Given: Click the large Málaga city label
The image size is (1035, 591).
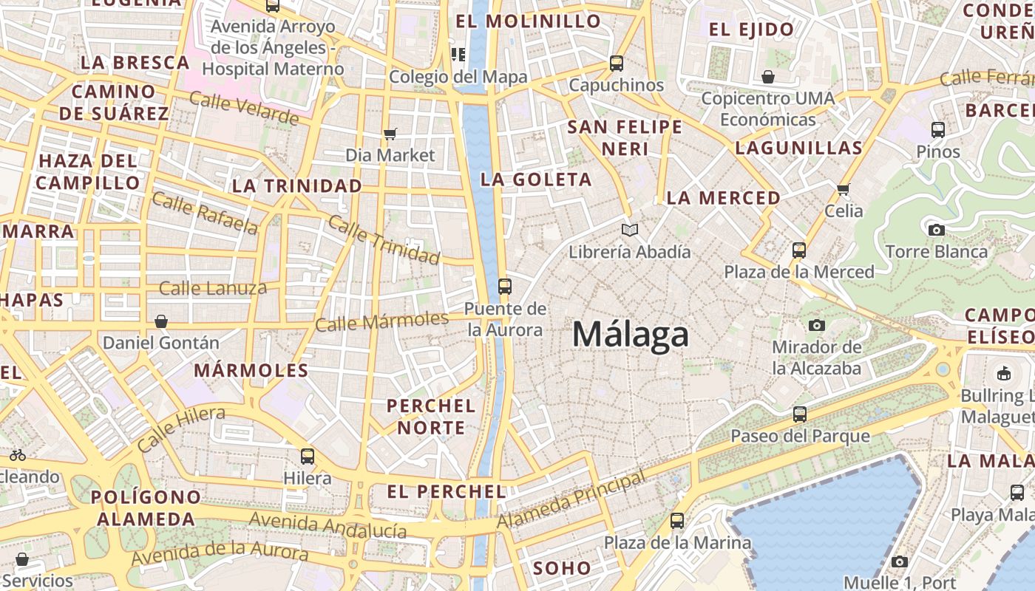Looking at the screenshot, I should pyautogui.click(x=631, y=335).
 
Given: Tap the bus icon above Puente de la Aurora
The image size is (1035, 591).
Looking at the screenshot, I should pyautogui.click(x=505, y=287).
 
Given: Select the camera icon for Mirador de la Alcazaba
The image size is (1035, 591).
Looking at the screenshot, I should pyautogui.click(x=817, y=325).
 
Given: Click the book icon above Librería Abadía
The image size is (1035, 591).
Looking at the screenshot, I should pyautogui.click(x=629, y=230).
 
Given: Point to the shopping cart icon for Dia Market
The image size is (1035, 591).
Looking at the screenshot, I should pyautogui.click(x=390, y=134).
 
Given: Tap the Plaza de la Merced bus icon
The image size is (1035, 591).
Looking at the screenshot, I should pyautogui.click(x=798, y=250).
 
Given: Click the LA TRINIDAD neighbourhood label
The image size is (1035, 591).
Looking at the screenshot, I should pyautogui.click(x=297, y=186).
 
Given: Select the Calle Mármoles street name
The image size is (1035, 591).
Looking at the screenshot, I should pyautogui.click(x=381, y=321).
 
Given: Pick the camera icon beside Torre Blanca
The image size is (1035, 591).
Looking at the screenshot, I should pyautogui.click(x=936, y=230).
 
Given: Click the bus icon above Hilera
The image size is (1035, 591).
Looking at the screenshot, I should pyautogui.click(x=308, y=457).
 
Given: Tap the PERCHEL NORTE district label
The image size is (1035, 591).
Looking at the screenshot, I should pyautogui.click(x=431, y=417).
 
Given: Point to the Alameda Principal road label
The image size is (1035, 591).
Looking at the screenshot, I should pyautogui.click(x=571, y=501).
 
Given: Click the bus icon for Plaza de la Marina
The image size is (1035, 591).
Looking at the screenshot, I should pyautogui.click(x=677, y=521).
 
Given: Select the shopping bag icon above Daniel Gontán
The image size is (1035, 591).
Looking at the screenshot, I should pyautogui.click(x=161, y=321).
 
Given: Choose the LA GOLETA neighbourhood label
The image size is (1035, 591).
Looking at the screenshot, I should pyautogui.click(x=536, y=180).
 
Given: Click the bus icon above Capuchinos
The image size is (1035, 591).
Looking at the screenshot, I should pyautogui.click(x=617, y=64).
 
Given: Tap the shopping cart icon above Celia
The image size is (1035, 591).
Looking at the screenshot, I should pyautogui.click(x=844, y=189).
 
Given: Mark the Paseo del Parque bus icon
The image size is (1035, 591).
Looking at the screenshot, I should pyautogui.click(x=800, y=414).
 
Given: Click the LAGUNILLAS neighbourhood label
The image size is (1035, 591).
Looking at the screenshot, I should pyautogui.click(x=798, y=148).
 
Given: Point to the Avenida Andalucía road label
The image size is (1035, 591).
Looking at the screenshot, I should pyautogui.click(x=328, y=525).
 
